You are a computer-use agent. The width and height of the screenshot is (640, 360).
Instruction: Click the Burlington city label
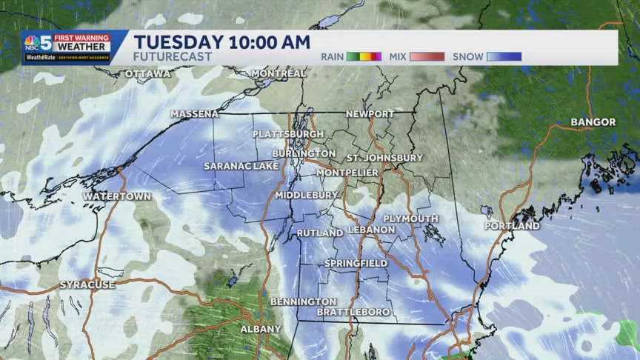299,153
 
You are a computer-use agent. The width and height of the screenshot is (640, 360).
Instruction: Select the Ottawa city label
147,74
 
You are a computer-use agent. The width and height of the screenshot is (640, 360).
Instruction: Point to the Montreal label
279,73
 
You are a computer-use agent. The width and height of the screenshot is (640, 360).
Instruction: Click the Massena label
194,114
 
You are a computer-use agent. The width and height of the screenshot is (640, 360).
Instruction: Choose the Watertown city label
116,196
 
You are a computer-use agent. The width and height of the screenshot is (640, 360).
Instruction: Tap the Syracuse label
87,285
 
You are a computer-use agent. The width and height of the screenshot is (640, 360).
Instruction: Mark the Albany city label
261,328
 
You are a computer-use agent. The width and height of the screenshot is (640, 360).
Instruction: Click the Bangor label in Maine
593,121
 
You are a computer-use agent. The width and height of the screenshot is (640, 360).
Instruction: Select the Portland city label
512,226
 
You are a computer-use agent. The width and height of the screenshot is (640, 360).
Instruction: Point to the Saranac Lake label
241,166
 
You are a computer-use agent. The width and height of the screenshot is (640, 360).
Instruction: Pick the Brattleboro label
353,312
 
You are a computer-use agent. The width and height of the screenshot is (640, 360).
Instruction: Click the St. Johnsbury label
384,158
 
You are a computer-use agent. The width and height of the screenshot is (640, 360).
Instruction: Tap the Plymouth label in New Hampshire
410,219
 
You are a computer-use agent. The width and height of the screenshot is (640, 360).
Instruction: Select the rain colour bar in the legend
364,56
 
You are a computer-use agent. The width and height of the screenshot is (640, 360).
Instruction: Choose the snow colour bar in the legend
504,56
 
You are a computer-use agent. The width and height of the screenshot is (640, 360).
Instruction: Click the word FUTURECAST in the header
173,56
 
